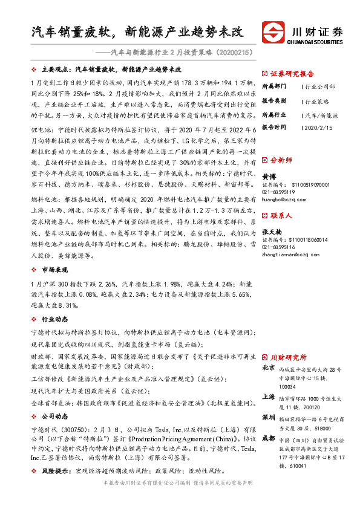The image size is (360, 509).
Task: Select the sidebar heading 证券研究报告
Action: [290, 71]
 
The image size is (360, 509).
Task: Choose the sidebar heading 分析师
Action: [281, 160]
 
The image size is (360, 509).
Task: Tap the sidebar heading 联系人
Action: [281, 215]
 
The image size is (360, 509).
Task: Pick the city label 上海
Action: [268, 397]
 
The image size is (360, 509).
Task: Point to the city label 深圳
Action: [268, 418]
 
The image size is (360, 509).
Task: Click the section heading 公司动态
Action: [55, 417]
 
